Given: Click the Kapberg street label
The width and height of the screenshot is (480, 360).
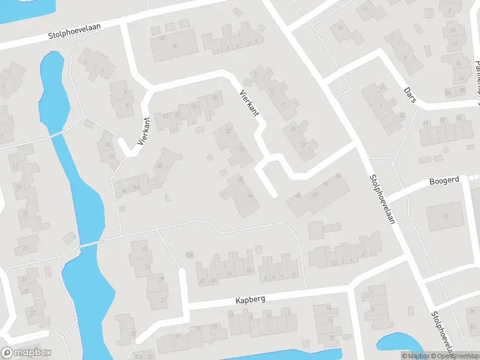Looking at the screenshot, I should [251, 298].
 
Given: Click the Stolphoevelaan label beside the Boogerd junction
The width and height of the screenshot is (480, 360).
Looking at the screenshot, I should [381, 199].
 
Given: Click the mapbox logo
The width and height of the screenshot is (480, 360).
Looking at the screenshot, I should [26, 353].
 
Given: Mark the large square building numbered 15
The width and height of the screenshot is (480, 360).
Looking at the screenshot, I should [445, 217].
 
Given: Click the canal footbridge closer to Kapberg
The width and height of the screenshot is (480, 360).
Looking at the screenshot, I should [88, 244].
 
